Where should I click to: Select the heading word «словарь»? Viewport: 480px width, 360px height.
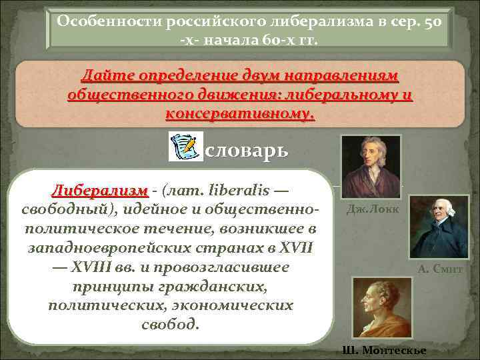tap(247, 149)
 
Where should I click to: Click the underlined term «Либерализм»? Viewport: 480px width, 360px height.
tap(99, 191)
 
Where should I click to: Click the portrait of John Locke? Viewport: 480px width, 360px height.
tap(371, 167)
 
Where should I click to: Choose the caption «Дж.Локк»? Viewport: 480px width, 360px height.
tap(373, 209)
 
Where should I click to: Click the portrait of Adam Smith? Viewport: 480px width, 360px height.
tap(438, 227)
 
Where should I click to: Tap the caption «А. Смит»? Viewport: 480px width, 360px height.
tap(440, 270)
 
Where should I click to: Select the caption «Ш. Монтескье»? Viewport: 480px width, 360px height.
tap(383, 351)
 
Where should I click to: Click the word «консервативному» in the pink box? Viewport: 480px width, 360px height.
tap(240, 114)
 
